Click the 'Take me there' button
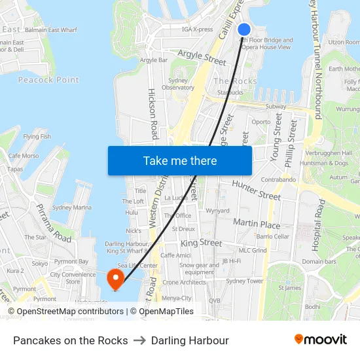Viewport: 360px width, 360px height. [x=180, y=160]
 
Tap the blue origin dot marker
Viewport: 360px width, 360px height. [x=244, y=29]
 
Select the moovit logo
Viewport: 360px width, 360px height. [x=321, y=340]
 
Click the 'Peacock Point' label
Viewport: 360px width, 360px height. [x=48, y=80]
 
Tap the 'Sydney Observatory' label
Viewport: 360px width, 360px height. [x=177, y=84]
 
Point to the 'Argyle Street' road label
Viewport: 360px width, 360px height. [x=202, y=58]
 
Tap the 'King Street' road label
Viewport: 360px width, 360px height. [x=201, y=242]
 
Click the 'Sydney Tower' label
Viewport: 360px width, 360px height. [x=244, y=281]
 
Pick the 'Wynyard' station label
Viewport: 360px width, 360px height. [x=217, y=211]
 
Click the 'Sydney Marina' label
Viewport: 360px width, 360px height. [x=71, y=207]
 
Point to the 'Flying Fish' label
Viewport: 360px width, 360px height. [x=37, y=136]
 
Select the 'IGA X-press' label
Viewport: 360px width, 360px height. [x=197, y=29]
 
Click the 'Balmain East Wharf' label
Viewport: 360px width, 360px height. [x=50, y=29]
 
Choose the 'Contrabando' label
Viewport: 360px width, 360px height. [x=278, y=179]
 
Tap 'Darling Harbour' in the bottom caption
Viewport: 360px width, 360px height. [x=190, y=340]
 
